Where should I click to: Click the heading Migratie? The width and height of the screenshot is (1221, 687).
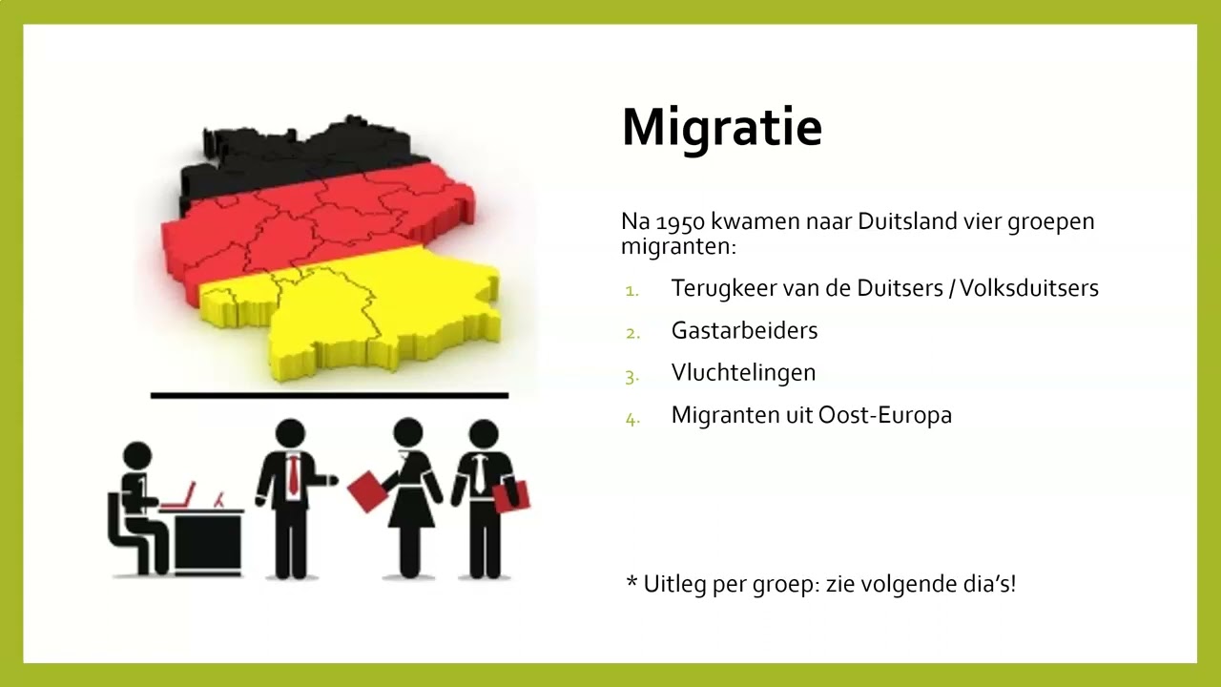[x=721, y=128]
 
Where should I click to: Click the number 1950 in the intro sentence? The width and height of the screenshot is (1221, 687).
[x=680, y=222]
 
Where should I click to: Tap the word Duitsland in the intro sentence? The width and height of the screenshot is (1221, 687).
[x=908, y=222]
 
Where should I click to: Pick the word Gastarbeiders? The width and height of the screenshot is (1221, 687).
[x=744, y=331]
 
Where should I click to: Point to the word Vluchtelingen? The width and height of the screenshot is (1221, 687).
[x=743, y=373]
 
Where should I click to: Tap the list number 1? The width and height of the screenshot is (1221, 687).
[x=631, y=290]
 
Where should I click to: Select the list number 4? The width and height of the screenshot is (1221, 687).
[x=631, y=417]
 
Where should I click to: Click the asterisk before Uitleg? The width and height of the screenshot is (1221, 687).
[x=631, y=582]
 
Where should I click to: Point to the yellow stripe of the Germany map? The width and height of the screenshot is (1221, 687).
[x=382, y=305]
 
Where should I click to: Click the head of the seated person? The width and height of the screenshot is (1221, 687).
[x=137, y=455]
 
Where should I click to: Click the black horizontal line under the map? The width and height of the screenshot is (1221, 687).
[x=329, y=395]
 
